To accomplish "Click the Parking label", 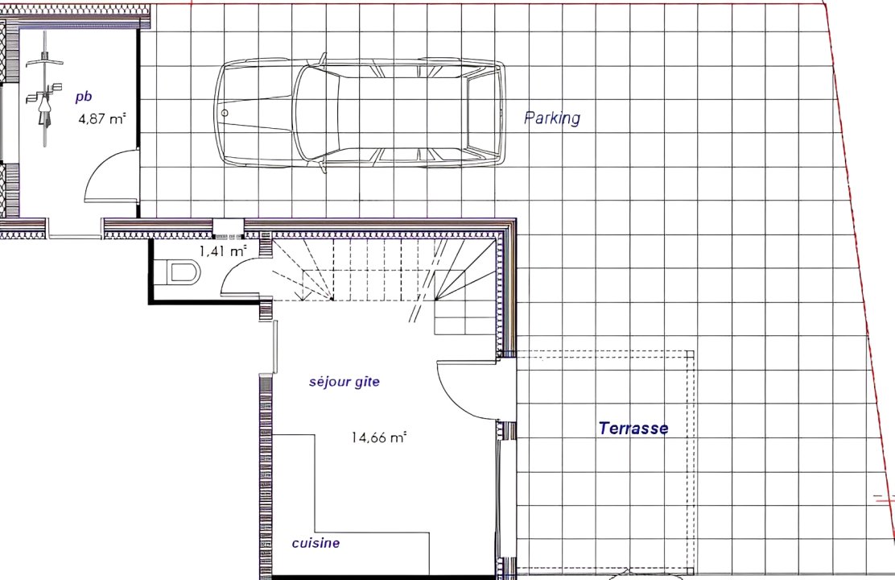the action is (x=552, y=118).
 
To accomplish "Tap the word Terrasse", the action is (x=633, y=428).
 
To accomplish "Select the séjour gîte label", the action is (x=344, y=382).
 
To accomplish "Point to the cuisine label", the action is (x=316, y=543).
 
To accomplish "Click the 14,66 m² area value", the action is (x=378, y=437).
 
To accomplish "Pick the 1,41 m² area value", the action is (x=223, y=251).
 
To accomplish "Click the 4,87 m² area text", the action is (x=101, y=119).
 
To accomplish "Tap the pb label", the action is (x=84, y=97).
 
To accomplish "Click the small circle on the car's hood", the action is (x=225, y=113).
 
